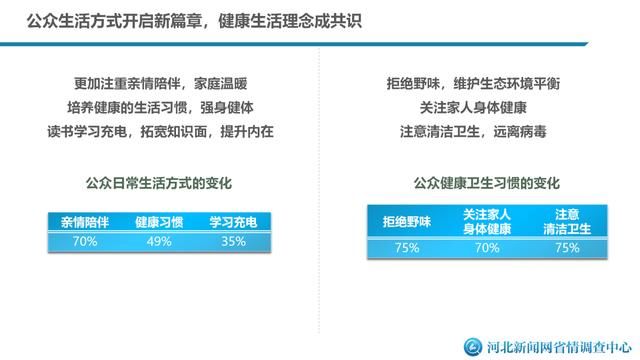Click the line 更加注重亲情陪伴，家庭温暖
pos(158,84)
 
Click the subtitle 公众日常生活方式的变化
pos(159,184)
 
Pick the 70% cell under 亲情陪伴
pos(85,241)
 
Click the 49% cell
pos(159,241)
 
